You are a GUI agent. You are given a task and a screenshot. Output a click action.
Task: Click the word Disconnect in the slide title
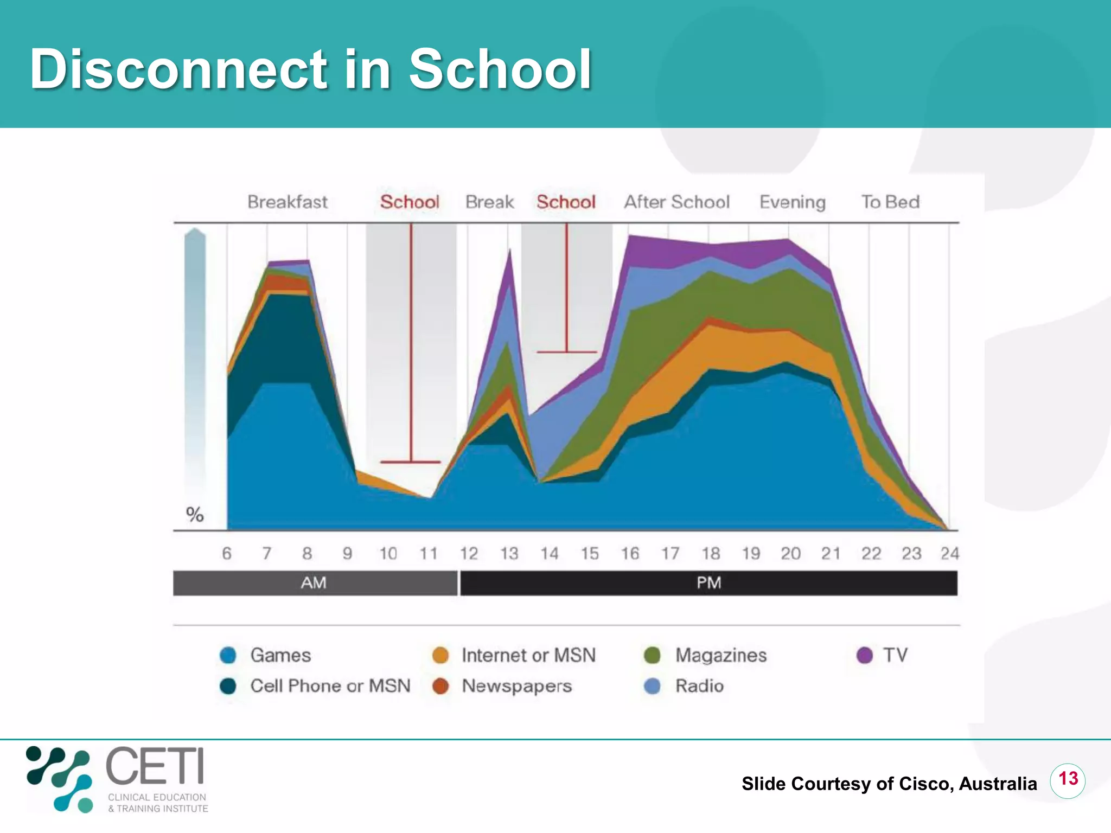[178, 69]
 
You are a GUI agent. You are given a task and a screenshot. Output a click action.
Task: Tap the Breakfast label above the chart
[288, 202]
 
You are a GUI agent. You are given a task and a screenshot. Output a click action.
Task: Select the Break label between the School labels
[489, 202]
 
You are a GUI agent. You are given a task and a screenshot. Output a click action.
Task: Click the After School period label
[676, 202]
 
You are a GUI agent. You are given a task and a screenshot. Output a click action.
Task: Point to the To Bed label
[890, 202]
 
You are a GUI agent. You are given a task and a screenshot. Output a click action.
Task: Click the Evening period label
[792, 202]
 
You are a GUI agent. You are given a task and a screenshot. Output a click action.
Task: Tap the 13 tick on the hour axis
[509, 553]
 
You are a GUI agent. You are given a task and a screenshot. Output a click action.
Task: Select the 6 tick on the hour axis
[227, 553]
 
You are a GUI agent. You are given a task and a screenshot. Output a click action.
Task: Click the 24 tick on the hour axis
[950, 553]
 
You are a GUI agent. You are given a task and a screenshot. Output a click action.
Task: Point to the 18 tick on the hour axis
[711, 553]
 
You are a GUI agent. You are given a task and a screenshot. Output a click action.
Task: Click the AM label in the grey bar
[314, 583]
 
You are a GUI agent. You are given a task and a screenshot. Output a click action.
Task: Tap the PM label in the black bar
[708, 583]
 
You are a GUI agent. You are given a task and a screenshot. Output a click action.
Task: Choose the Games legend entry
[280, 655]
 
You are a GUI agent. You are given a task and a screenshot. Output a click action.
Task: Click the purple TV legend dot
[865, 655]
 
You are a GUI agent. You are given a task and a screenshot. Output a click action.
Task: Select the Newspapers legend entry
[516, 686]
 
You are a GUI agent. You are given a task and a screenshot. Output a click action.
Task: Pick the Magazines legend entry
[720, 655]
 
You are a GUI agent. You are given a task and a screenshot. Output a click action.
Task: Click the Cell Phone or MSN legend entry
[330, 686]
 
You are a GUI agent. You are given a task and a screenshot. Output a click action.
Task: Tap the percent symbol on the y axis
[195, 514]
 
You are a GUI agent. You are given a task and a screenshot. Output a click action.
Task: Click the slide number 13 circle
[1068, 779]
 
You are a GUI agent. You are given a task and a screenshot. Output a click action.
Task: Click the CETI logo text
[155, 766]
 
